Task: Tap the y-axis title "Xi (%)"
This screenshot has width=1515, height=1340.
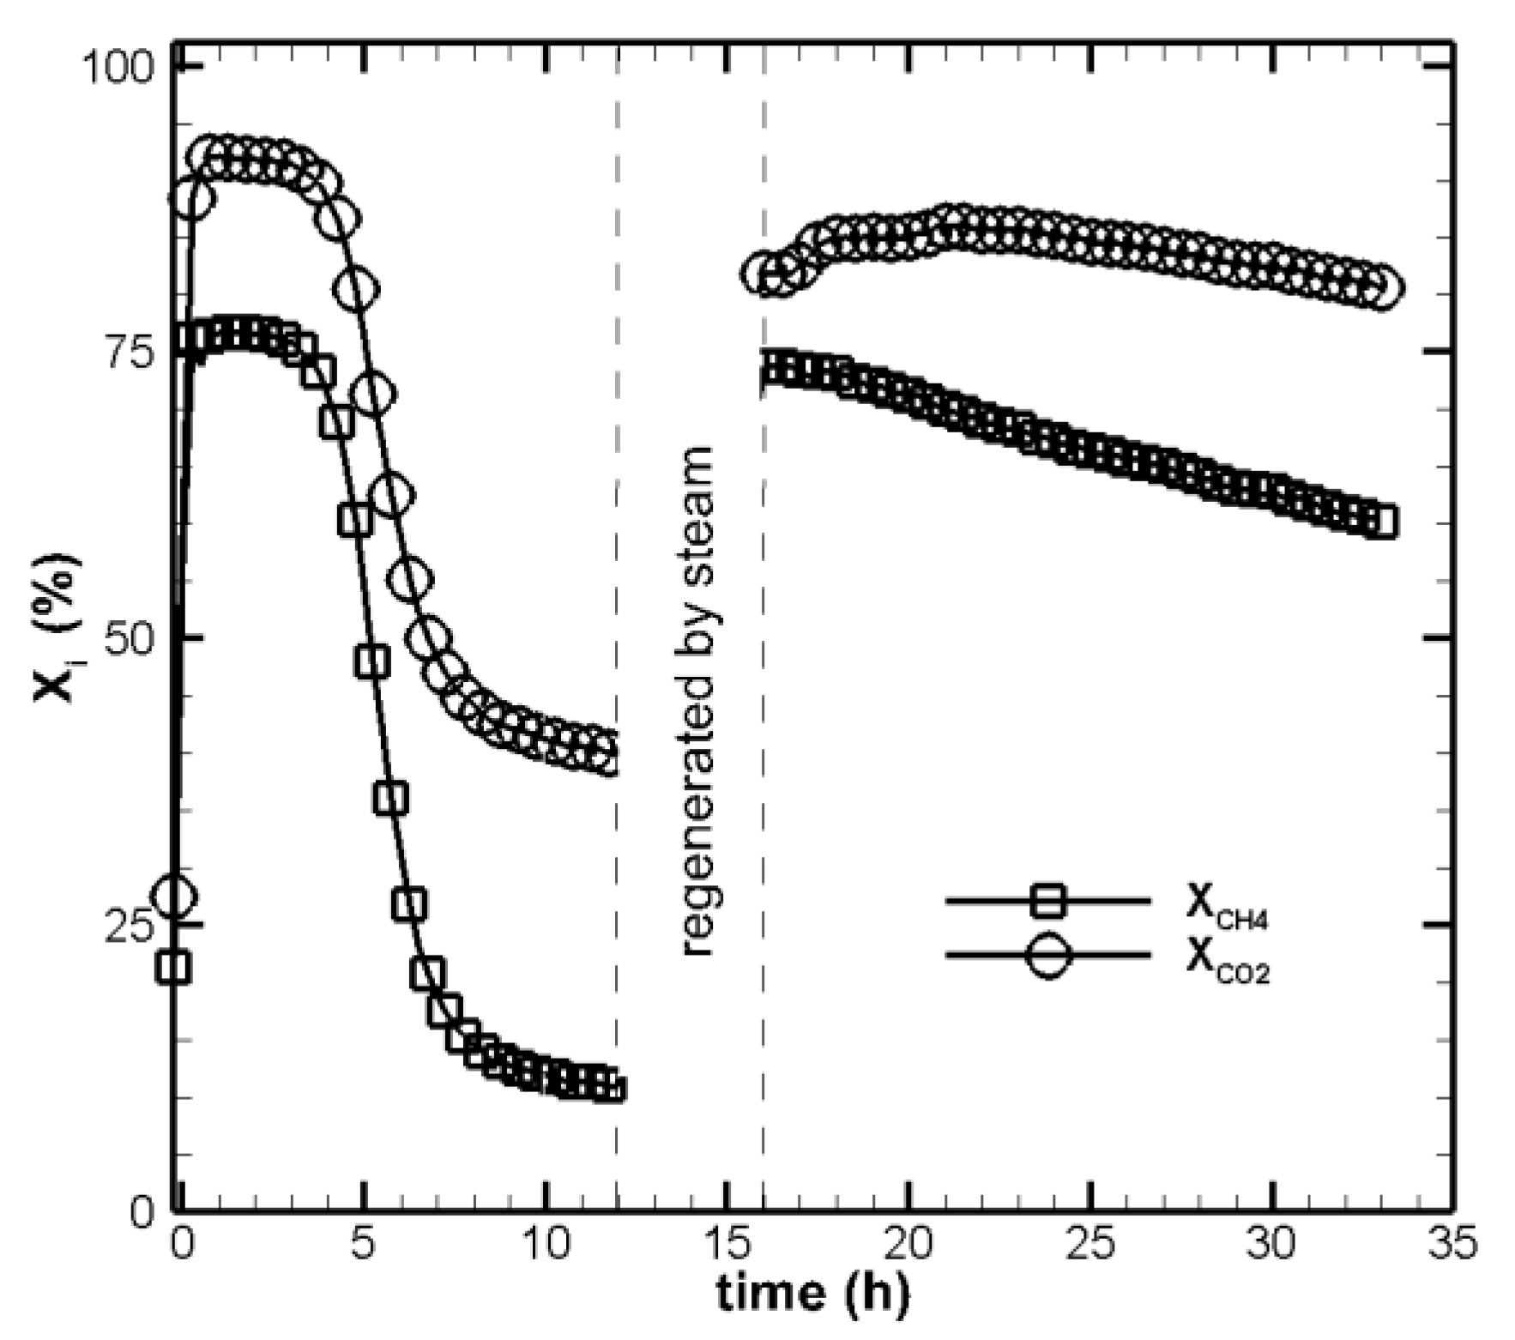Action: point(58,627)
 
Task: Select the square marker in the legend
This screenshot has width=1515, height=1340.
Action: point(1047,901)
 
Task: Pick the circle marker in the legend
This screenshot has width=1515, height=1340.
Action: point(1047,955)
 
